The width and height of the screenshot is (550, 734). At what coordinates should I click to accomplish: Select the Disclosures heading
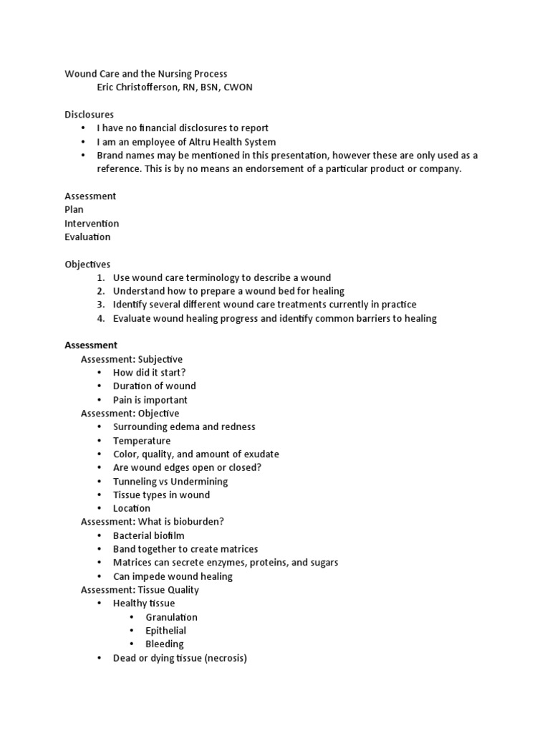point(89,115)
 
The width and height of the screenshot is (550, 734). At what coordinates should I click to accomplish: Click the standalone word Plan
point(74,209)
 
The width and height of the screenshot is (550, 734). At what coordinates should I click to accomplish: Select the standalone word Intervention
point(92,223)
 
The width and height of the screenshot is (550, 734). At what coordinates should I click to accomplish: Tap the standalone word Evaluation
point(87,237)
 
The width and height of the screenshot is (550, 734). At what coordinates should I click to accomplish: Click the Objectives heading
point(87,264)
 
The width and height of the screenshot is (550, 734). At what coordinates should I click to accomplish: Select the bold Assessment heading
point(91,345)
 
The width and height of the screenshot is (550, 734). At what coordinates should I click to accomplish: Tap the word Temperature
point(142,441)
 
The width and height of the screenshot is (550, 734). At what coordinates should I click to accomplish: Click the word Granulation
point(171,617)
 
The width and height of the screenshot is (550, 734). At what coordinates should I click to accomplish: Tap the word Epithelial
point(165,631)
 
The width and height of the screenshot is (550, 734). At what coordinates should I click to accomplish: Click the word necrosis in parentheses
point(225,658)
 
